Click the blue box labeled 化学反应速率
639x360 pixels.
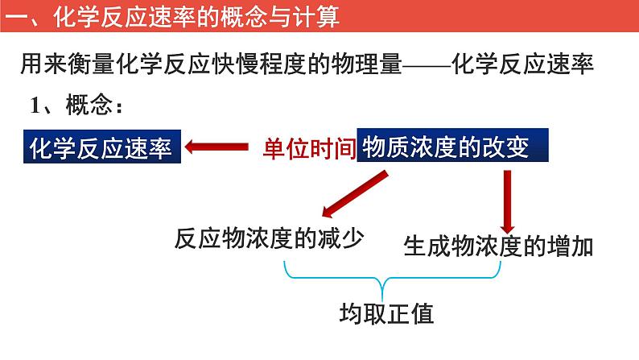point(101,147)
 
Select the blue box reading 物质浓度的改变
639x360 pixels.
point(451,147)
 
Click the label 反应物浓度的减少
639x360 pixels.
point(269,238)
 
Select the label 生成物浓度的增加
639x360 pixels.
point(499,246)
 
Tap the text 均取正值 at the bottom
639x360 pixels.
point(387,312)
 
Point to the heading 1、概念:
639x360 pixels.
point(77,106)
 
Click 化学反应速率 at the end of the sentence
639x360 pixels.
point(523,64)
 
